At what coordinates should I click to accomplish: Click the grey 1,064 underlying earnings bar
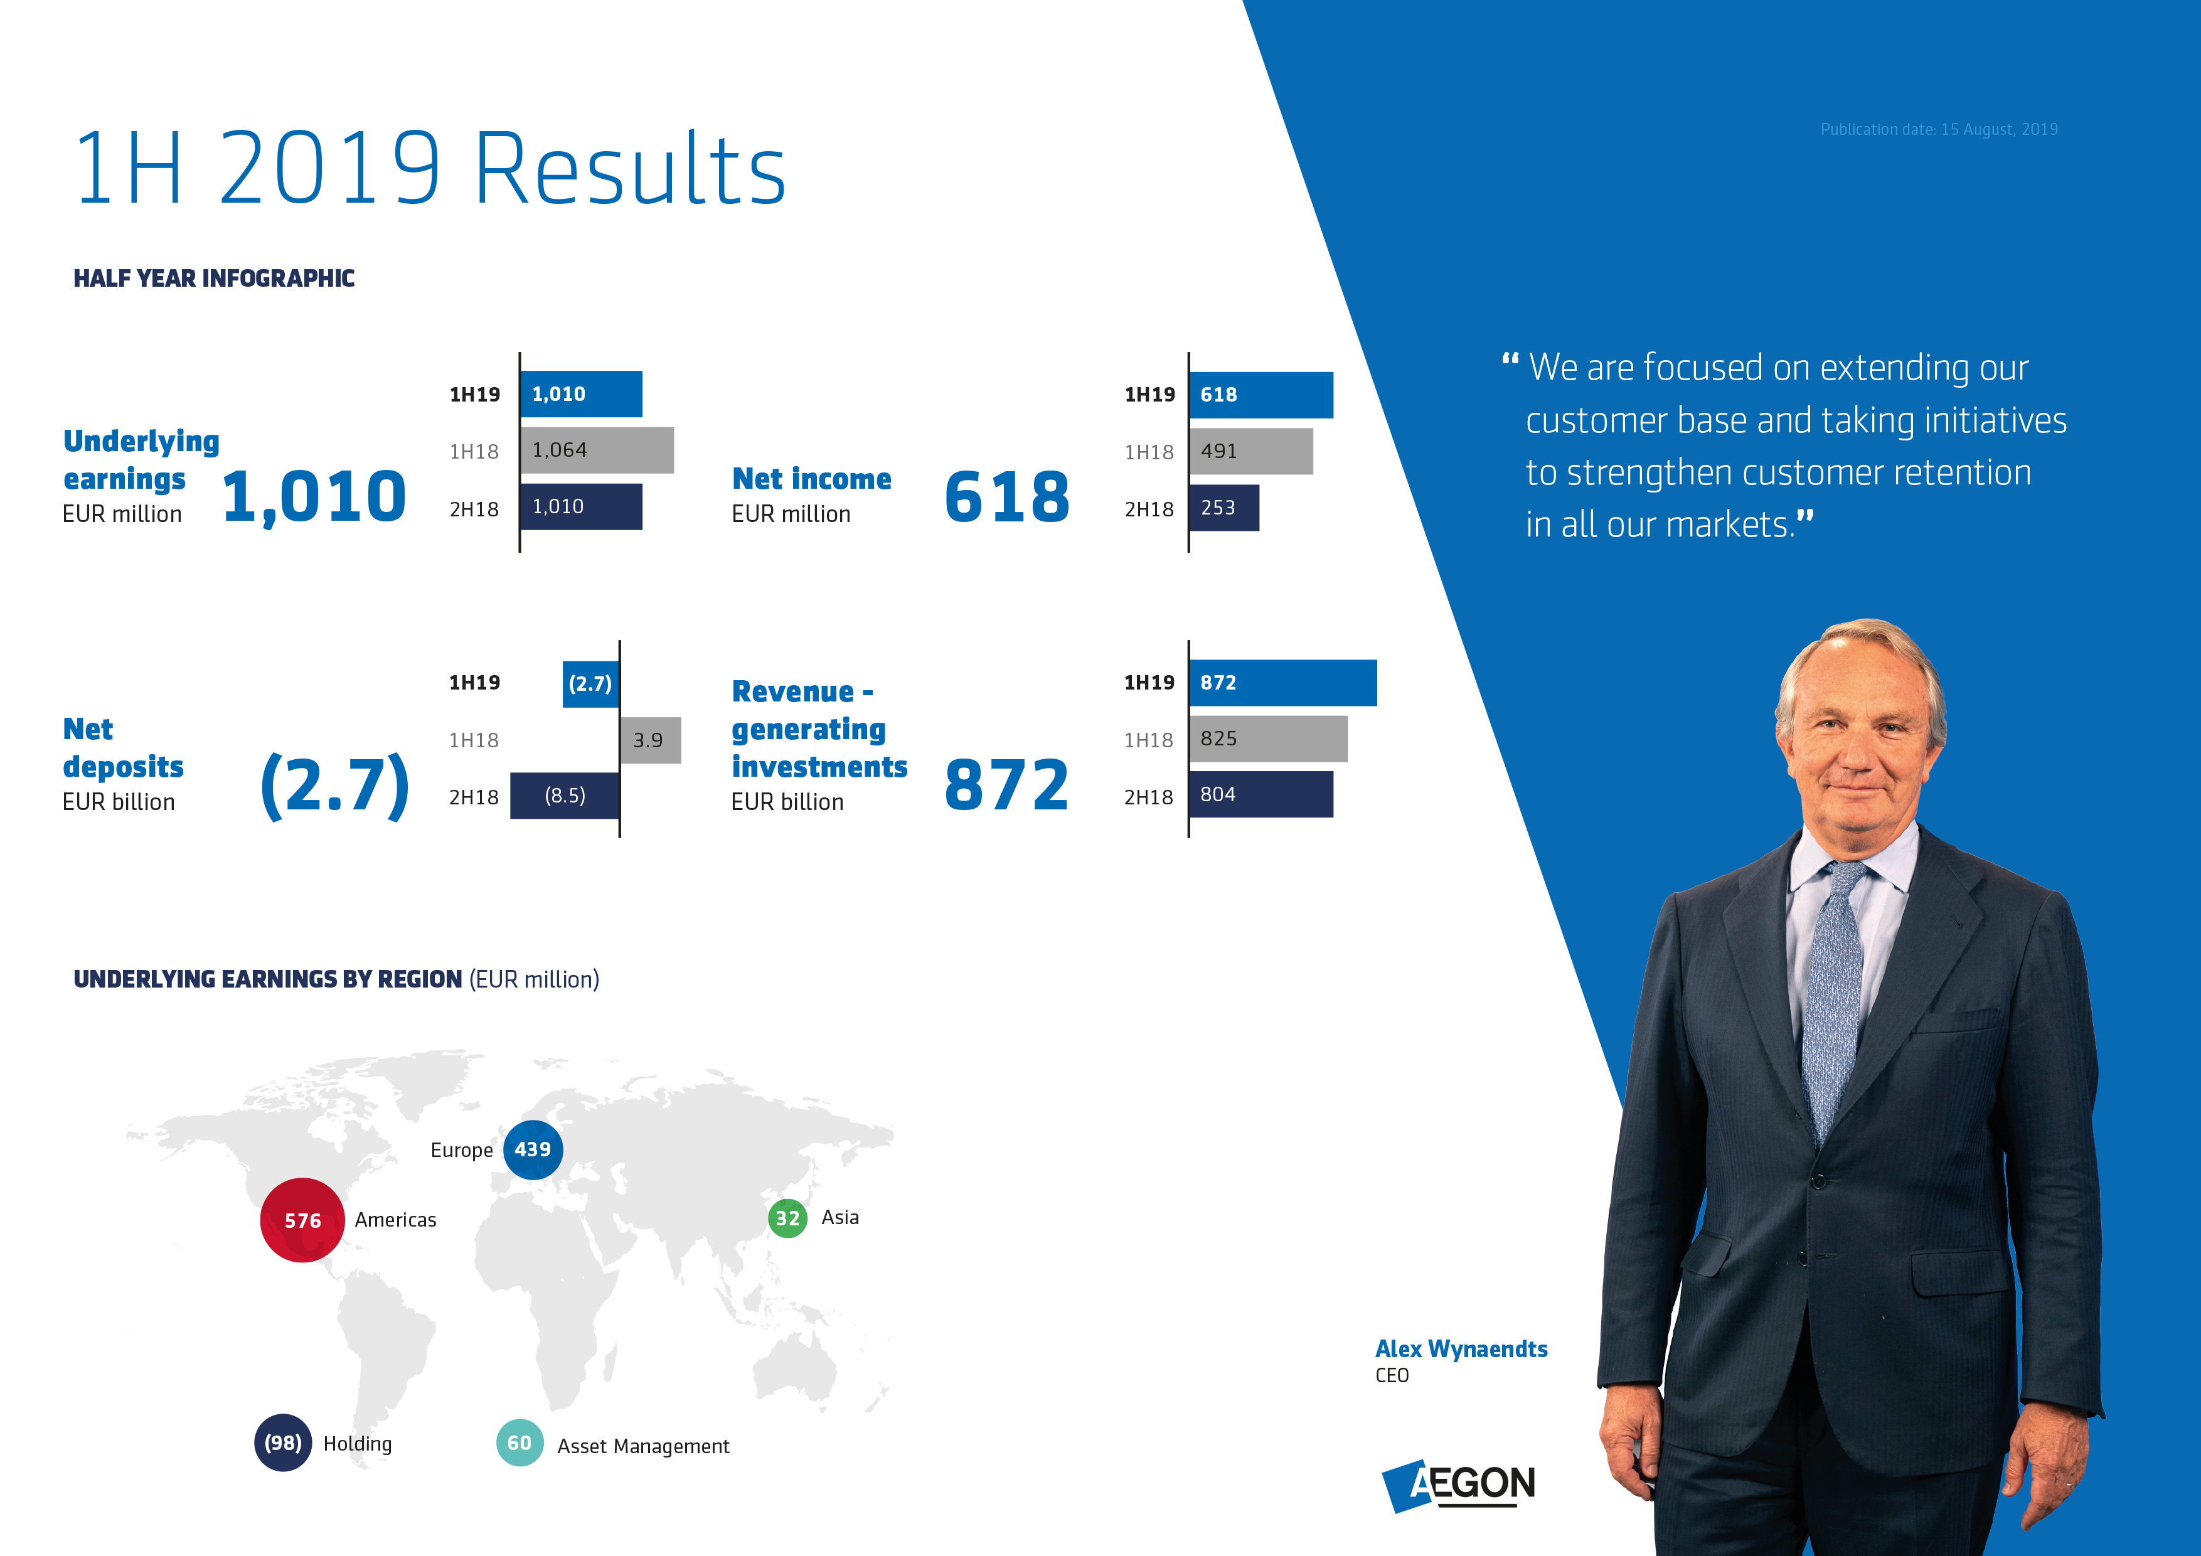tap(596, 450)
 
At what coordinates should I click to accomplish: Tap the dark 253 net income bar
tap(1223, 507)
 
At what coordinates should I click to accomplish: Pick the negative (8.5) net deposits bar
tap(565, 796)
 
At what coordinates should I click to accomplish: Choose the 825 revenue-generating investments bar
tap(1267, 738)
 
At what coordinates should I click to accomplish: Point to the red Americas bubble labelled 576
tap(302, 1220)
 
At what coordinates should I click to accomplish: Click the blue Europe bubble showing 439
tap(533, 1149)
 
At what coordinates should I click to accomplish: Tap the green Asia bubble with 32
tap(787, 1218)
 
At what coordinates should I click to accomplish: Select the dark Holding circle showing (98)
tap(283, 1442)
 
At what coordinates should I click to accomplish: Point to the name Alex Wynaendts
tap(1461, 1349)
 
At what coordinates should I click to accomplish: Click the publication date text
tap(1938, 129)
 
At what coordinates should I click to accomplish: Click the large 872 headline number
tap(1006, 785)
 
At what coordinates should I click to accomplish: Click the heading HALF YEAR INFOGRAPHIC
tap(214, 278)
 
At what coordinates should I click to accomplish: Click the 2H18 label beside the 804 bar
tap(1148, 797)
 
